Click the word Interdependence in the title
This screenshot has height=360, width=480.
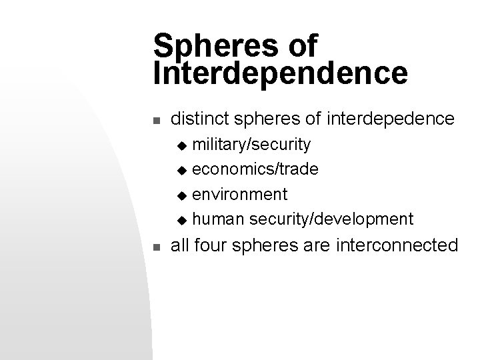pyautogui.click(x=280, y=74)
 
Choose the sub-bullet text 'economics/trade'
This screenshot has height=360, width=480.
pyautogui.click(x=255, y=169)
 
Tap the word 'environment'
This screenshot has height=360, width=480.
pyautogui.click(x=240, y=194)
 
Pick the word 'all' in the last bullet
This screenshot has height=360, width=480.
pyautogui.click(x=181, y=245)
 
